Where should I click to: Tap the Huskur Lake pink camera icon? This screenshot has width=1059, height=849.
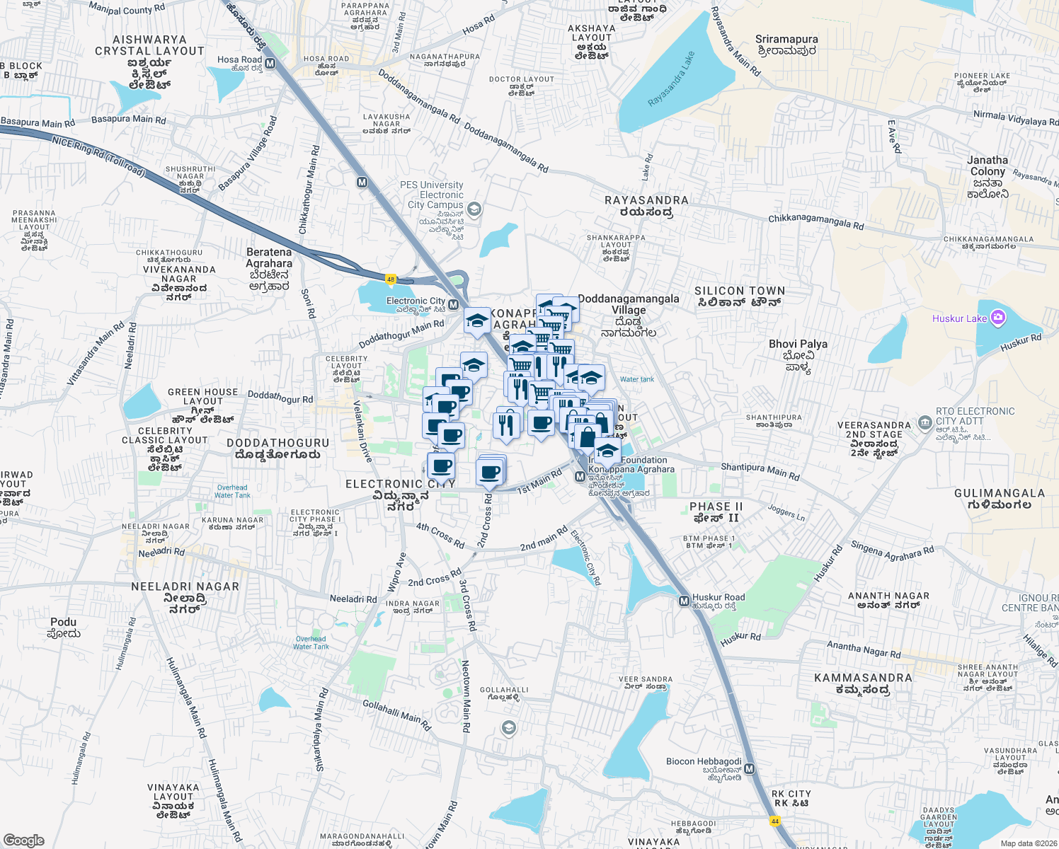coord(997,318)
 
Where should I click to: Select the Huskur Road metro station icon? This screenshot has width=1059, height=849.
coord(684,601)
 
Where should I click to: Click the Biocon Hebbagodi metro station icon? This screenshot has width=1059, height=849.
coord(749,768)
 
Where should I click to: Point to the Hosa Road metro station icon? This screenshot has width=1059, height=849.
coord(270,64)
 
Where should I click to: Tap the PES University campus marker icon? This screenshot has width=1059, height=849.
coord(474,209)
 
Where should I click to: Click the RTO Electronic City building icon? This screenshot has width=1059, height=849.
coord(925,422)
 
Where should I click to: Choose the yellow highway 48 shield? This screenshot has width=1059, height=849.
coord(390,279)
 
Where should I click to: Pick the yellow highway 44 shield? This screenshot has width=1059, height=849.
coord(775,821)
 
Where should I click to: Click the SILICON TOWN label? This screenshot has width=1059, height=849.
coord(740,291)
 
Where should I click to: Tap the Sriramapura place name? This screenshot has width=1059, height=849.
coord(786,40)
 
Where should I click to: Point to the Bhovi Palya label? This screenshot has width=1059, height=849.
coord(798,345)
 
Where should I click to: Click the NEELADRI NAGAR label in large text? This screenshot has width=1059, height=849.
coord(185,587)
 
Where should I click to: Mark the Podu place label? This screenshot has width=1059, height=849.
coord(64,623)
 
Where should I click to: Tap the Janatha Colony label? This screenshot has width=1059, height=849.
coord(988,166)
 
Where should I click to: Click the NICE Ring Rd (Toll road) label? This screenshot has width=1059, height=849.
coord(98,156)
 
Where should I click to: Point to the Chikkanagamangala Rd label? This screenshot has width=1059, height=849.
coord(815,222)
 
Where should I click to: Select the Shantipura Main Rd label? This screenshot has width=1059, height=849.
coord(760,471)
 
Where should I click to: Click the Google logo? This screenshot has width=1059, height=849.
coord(24,841)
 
